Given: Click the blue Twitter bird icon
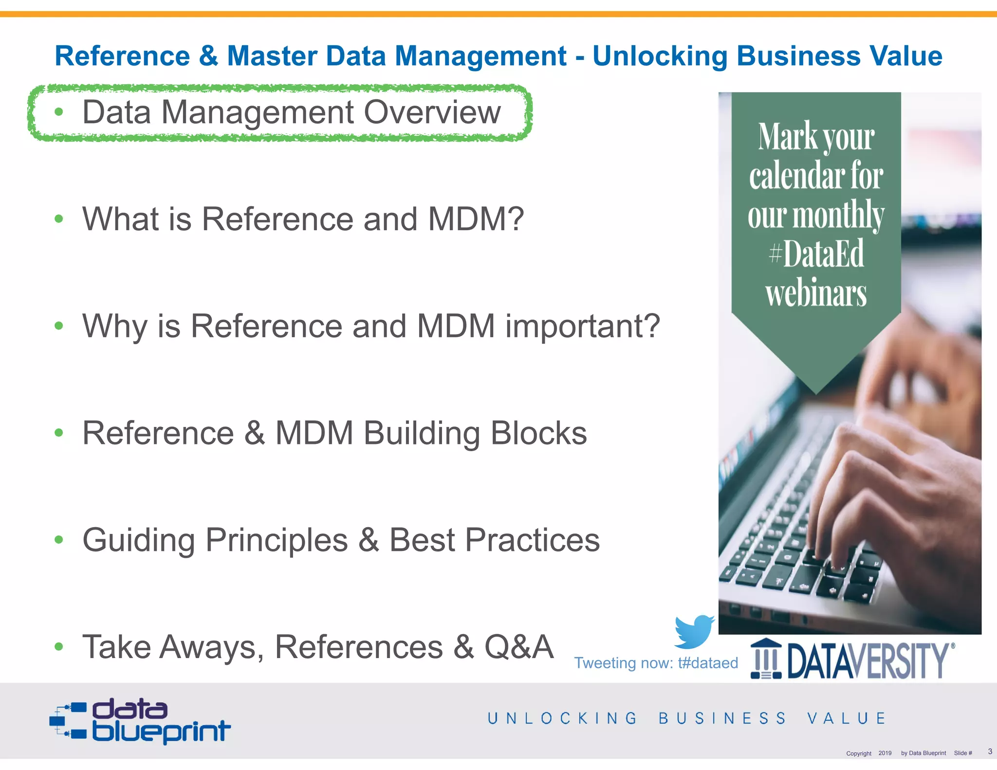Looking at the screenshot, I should (x=693, y=632).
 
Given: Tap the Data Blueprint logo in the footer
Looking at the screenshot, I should (x=140, y=721).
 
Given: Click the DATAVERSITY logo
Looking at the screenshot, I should (x=852, y=660).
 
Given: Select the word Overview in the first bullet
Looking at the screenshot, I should (x=432, y=112).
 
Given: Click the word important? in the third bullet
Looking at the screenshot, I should (x=583, y=326).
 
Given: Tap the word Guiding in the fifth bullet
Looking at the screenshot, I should (x=139, y=540).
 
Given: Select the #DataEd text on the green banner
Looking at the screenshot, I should (x=816, y=253).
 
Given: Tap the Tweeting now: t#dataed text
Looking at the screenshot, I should (x=656, y=663).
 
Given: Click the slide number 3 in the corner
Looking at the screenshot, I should (x=990, y=752).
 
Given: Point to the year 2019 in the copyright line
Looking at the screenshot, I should (x=885, y=753).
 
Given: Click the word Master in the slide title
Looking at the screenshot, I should (x=272, y=55).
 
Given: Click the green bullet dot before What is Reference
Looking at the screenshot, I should (x=59, y=219).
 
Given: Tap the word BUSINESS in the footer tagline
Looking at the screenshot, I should (x=722, y=718).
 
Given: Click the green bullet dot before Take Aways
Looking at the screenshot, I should (x=59, y=647).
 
